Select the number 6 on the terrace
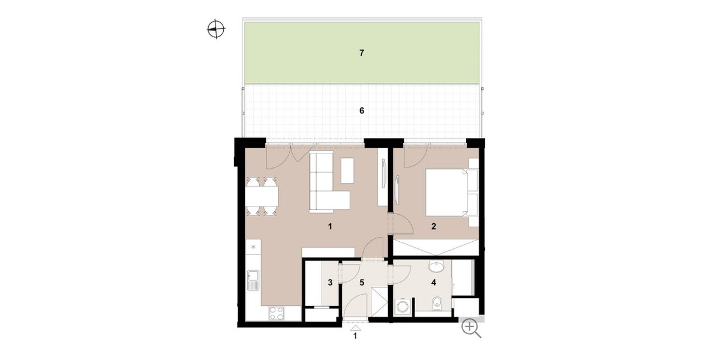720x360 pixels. click(x=361, y=110)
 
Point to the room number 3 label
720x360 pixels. click(x=330, y=281)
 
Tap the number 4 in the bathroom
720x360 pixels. click(x=433, y=281)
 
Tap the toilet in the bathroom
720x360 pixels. click(x=439, y=303)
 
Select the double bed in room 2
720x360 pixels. click(x=448, y=191)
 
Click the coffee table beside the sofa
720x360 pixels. click(x=347, y=170)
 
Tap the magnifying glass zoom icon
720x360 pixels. click(x=471, y=328)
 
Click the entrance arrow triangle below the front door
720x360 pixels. click(x=355, y=328)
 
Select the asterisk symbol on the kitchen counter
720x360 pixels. click(x=253, y=247)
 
